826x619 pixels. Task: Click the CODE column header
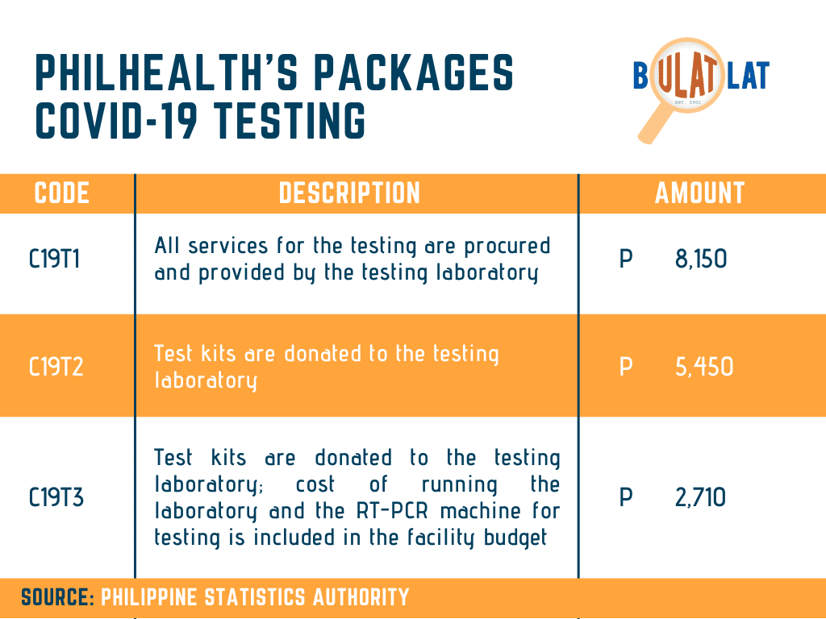[x=61, y=193]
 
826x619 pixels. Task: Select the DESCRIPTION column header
[x=349, y=193]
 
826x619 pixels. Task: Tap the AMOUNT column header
[x=699, y=193]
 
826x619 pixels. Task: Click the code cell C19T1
[x=54, y=259]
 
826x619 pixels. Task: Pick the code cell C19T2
[x=56, y=367]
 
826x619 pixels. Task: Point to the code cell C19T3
[x=56, y=497]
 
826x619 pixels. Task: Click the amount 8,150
[x=701, y=259]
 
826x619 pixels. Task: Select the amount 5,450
[x=704, y=367]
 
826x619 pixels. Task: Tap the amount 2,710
[x=701, y=497]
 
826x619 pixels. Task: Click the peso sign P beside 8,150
[x=626, y=259]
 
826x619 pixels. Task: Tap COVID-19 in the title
[x=116, y=121]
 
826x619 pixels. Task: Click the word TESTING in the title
[x=290, y=121]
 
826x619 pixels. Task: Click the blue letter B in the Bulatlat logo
[x=640, y=75]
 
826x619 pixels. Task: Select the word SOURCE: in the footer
[x=58, y=597]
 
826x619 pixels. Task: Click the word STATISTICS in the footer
[x=254, y=597]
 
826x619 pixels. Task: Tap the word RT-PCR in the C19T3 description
[x=394, y=511]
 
